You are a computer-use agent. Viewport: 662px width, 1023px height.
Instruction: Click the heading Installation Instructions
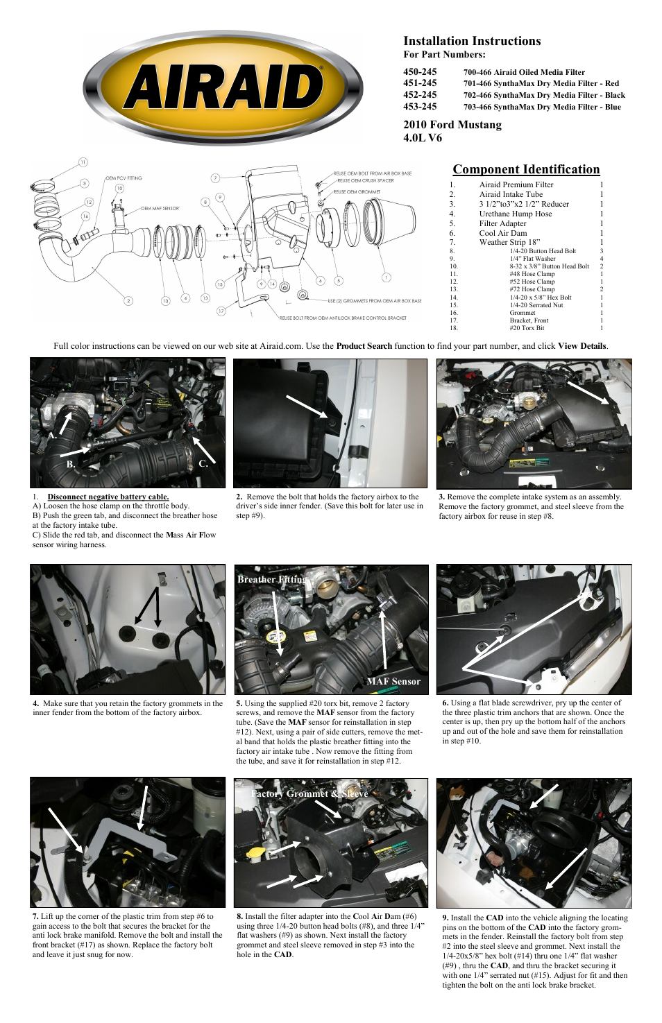472,41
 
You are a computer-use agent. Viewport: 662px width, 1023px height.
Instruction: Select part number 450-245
420,71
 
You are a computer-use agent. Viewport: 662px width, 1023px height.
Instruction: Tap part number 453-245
420,106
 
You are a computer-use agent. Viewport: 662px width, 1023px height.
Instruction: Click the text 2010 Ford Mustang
452,125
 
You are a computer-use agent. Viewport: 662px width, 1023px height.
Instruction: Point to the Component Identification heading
526,169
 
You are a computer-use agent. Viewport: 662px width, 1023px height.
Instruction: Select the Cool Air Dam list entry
502,233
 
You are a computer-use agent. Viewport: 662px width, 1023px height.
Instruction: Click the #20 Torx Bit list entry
527,327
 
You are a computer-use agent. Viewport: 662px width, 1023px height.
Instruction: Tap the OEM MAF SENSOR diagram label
160,208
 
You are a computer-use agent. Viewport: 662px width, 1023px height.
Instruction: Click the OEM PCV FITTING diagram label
124,178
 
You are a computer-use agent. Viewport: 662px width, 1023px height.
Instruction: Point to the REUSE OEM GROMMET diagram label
357,191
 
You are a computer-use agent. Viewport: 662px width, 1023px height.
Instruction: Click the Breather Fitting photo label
272,579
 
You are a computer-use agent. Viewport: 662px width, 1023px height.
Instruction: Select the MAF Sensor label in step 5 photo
393,681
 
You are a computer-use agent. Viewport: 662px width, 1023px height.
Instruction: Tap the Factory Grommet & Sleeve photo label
309,793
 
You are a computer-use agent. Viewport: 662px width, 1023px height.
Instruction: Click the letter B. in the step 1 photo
71,464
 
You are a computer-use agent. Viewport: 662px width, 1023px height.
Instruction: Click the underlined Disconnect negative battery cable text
108,497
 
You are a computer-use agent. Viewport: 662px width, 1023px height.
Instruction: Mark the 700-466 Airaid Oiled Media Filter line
524,72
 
